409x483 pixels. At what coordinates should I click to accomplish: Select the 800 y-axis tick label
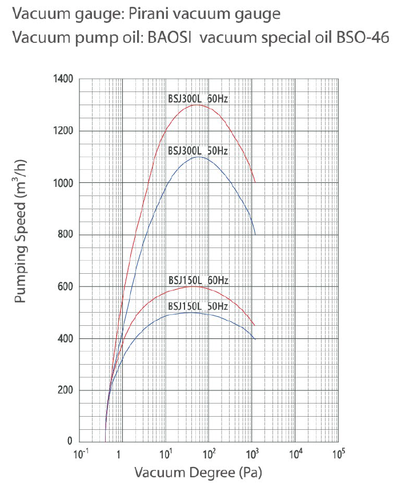pyautogui.click(x=65, y=235)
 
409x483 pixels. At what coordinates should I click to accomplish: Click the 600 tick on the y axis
pyautogui.click(x=65, y=287)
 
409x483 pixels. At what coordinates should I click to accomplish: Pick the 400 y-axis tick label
pyautogui.click(x=65, y=339)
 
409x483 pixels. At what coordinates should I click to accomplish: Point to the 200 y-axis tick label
pyautogui.click(x=65, y=390)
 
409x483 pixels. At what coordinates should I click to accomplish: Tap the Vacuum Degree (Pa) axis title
pyautogui.click(x=198, y=473)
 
